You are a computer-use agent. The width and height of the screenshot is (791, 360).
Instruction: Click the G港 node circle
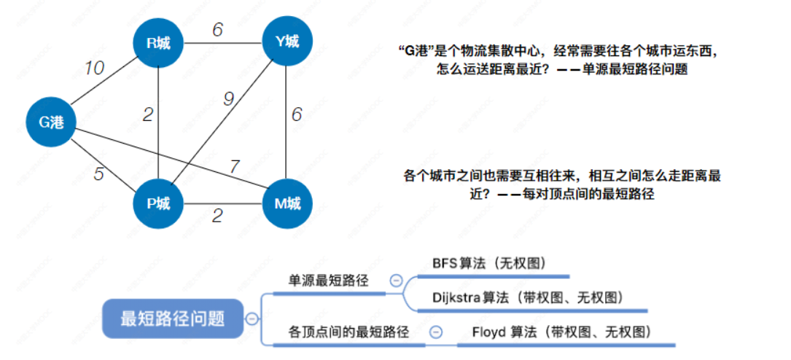click(x=52, y=122)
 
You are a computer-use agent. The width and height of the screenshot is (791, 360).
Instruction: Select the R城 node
click(x=158, y=43)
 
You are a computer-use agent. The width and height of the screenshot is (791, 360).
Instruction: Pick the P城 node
click(x=158, y=203)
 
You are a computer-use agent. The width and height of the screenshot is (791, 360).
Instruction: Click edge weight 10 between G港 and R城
click(x=93, y=68)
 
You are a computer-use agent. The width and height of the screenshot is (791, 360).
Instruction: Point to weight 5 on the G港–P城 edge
click(x=98, y=174)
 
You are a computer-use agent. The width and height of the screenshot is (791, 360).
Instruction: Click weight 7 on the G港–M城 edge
click(x=234, y=167)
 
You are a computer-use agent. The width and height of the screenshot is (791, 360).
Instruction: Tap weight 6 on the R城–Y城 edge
click(x=217, y=30)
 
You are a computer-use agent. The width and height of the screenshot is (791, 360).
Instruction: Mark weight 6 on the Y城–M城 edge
click(x=296, y=114)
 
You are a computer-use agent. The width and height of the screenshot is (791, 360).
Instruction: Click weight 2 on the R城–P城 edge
click(x=147, y=114)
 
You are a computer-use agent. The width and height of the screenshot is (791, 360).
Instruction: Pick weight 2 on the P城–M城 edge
click(x=217, y=215)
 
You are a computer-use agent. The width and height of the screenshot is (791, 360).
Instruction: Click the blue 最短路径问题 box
click(x=172, y=318)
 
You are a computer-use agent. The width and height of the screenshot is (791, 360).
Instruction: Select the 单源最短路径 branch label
click(x=328, y=281)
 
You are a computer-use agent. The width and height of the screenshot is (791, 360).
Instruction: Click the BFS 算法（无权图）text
click(x=489, y=263)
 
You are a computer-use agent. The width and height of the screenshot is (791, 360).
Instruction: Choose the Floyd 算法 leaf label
click(x=561, y=332)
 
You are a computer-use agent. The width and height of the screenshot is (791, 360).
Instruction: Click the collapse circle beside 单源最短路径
click(x=396, y=280)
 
